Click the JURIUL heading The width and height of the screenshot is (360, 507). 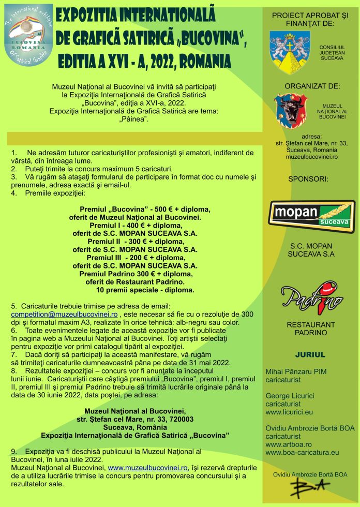click(x=310, y=355)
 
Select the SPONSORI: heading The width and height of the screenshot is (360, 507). click(x=308, y=180)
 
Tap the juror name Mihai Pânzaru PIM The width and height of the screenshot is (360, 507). click(x=296, y=371)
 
